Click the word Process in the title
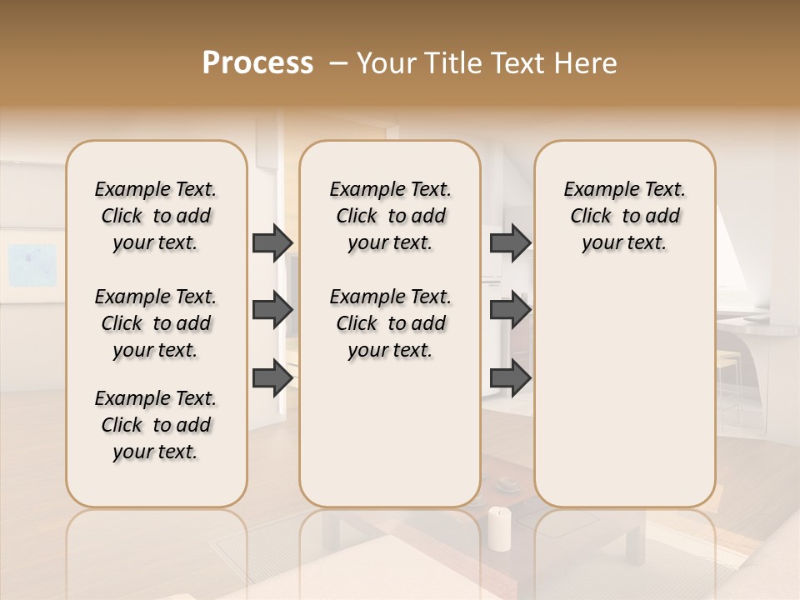[257, 63]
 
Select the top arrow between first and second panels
[272, 242]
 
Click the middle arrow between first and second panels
[272, 310]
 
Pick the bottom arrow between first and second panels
[272, 377]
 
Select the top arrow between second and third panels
[510, 242]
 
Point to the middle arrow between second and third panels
[510, 310]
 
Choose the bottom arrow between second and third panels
[510, 377]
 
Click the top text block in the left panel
[156, 216]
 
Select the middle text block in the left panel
[156, 323]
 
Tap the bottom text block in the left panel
[156, 425]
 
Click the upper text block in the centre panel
[391, 216]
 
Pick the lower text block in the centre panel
[391, 323]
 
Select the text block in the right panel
[625, 216]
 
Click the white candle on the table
[498, 528]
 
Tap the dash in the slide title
[338, 63]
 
